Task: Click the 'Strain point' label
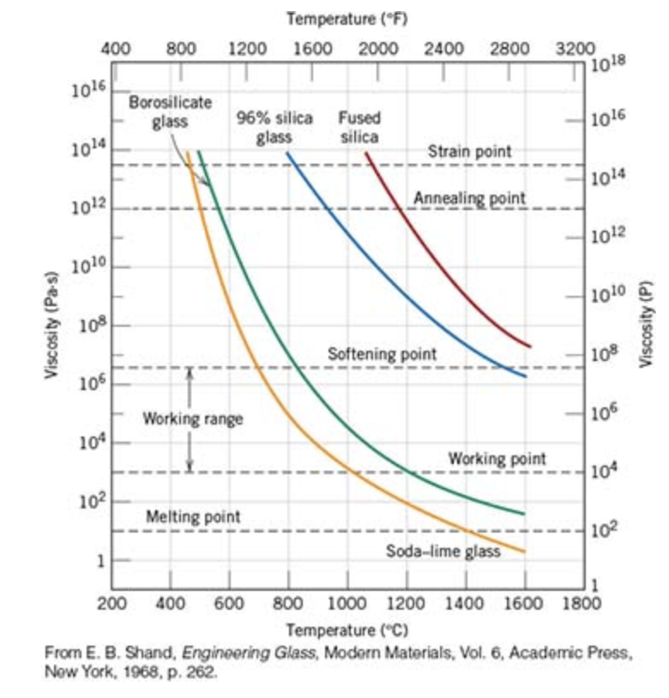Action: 469,151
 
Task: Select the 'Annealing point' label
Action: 469,198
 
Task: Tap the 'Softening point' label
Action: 382,353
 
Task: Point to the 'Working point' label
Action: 497,459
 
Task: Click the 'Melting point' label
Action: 193,517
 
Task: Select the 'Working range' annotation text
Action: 192,419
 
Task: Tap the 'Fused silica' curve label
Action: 359,127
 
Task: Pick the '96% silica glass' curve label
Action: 274,127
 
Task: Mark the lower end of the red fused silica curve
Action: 530,346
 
